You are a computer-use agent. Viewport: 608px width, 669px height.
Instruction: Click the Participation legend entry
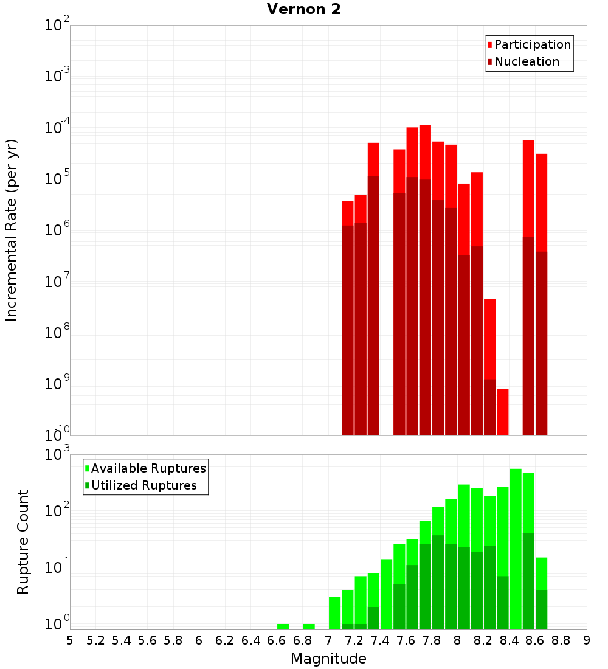click(x=533, y=44)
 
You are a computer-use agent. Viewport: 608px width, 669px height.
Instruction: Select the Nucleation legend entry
click(x=527, y=61)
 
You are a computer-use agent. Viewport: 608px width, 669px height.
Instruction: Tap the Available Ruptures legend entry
click(x=148, y=468)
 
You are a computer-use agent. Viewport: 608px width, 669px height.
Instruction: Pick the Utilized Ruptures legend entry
click(x=143, y=485)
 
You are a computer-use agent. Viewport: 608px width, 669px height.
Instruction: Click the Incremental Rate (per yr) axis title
click(x=11, y=230)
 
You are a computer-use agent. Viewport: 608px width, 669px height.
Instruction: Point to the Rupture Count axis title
click(x=23, y=542)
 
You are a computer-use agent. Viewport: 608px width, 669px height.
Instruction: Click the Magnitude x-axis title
click(x=328, y=658)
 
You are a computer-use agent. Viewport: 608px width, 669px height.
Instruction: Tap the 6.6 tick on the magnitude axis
click(x=277, y=640)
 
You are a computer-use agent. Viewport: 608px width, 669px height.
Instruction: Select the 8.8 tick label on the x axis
click(x=561, y=640)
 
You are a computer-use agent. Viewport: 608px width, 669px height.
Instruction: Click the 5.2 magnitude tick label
click(x=95, y=640)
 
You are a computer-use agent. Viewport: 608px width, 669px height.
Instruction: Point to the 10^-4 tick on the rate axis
click(x=57, y=128)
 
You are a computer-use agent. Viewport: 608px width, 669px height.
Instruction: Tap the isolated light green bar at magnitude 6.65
click(x=283, y=626)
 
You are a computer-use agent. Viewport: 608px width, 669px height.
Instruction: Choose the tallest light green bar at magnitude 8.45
click(x=516, y=547)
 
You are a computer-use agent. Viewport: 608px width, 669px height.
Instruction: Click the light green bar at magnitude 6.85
click(x=309, y=626)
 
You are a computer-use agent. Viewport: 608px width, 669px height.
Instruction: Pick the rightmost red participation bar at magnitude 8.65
click(x=541, y=201)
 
